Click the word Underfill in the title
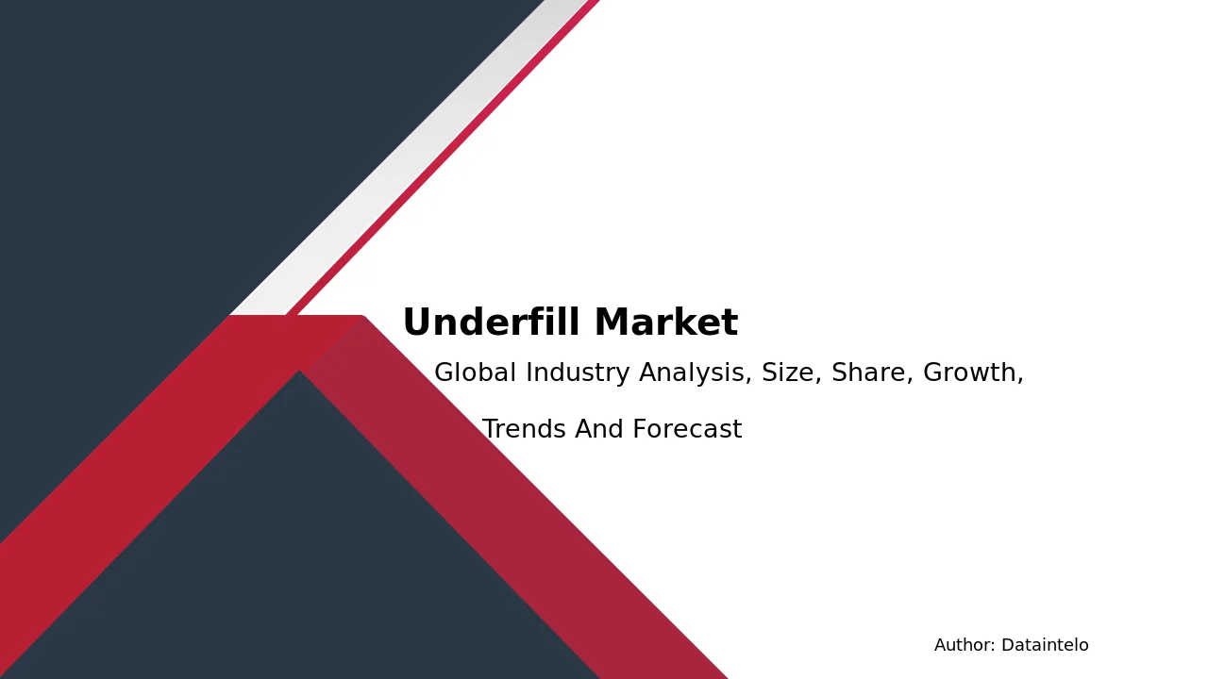492,322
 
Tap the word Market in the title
666,322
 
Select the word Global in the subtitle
475,373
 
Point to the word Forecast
687,429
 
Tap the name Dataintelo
1045,645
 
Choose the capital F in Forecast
640,429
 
